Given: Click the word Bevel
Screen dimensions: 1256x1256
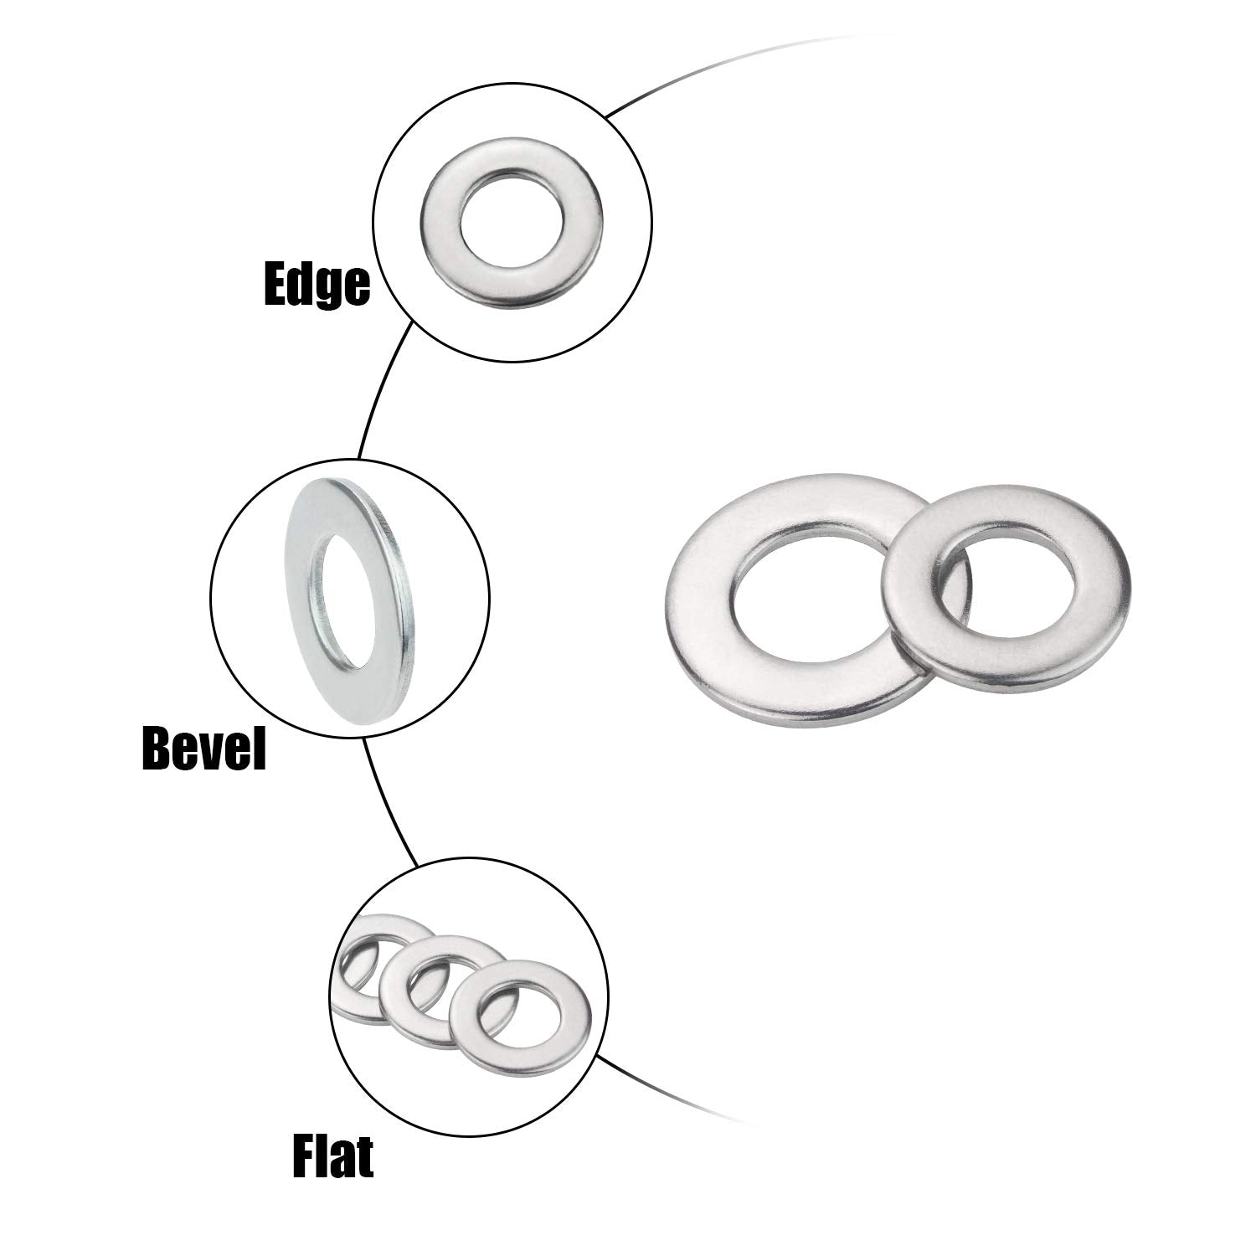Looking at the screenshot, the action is pyautogui.click(x=203, y=748).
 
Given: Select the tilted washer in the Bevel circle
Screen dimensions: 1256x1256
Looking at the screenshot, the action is pyautogui.click(x=301, y=603).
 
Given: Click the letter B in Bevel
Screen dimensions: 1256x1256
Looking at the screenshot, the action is pyautogui.click(x=157, y=748).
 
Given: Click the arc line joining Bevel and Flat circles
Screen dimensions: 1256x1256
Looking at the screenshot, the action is pyautogui.click(x=384, y=805).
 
